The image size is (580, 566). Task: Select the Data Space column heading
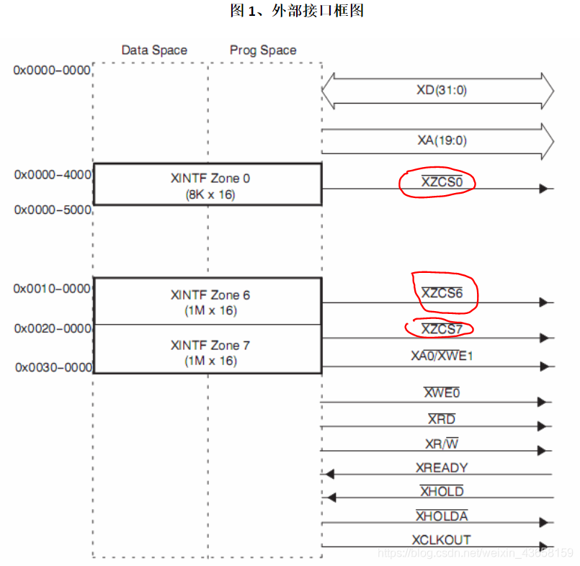(154, 50)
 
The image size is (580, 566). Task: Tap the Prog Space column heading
(263, 50)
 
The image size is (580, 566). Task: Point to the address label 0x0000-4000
(53, 174)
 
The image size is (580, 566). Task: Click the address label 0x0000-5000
(53, 210)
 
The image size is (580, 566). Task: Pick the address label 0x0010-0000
(53, 289)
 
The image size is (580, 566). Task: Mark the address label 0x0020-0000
(53, 328)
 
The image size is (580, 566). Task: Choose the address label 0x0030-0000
(53, 367)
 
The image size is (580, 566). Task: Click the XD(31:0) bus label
(437, 91)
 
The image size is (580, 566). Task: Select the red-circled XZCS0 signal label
(442, 182)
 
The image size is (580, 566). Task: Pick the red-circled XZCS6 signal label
(442, 293)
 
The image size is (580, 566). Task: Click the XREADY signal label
(442, 468)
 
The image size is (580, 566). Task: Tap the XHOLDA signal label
(442, 516)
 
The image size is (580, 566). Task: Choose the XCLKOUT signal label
(442, 539)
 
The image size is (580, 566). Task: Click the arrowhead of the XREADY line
(329, 474)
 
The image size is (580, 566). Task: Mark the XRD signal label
(442, 419)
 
